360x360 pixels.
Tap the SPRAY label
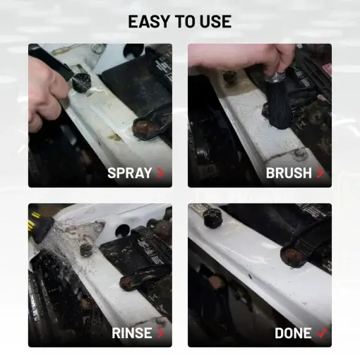(x=130, y=172)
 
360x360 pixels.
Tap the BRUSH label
(x=289, y=172)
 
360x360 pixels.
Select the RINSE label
(x=132, y=332)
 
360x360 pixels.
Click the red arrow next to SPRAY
(x=160, y=172)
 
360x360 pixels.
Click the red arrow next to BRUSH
(x=320, y=172)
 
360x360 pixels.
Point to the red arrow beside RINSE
(x=160, y=332)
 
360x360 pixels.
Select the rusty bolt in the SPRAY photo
(x=142, y=128)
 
